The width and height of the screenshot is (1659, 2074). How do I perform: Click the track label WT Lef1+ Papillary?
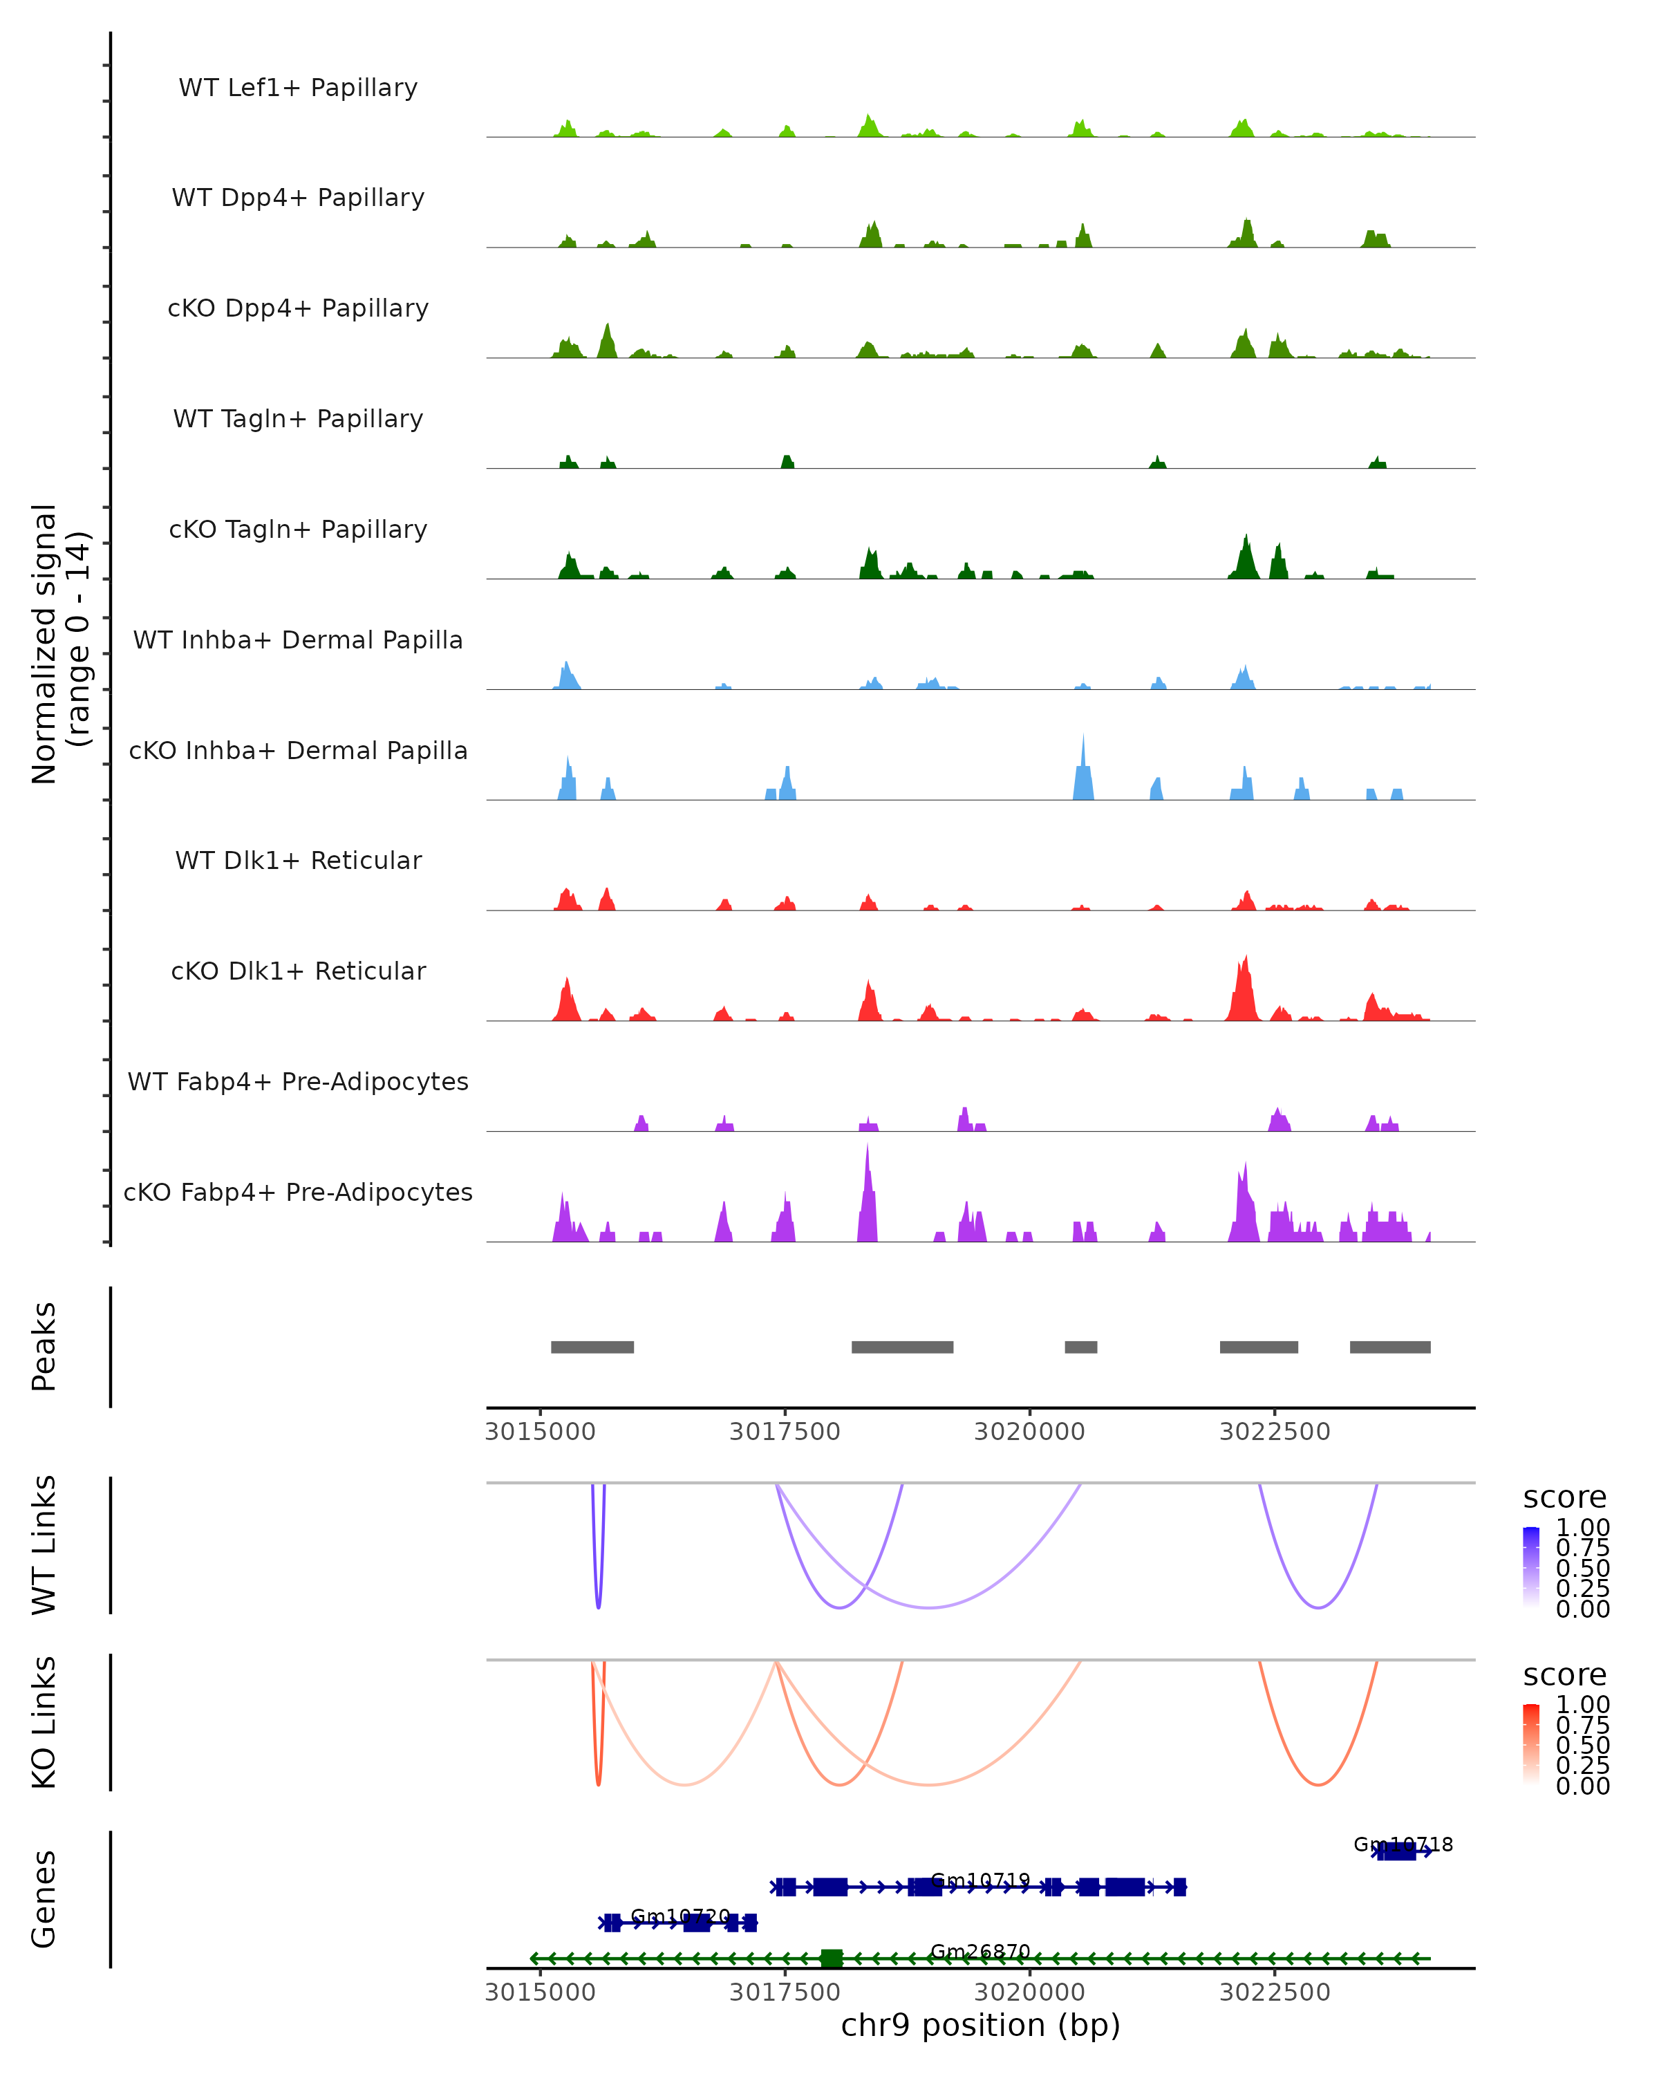coord(298,88)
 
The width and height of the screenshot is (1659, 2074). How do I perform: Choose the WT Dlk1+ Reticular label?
coord(298,860)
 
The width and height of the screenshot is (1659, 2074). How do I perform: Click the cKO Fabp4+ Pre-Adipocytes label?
coord(298,1192)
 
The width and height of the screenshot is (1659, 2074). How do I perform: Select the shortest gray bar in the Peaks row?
coord(1081,1347)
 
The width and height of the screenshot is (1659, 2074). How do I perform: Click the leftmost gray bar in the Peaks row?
coord(592,1347)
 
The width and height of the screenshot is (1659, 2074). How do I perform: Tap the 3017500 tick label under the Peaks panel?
coord(785,1432)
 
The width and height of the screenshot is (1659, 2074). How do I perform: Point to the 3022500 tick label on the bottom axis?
coord(1275,1992)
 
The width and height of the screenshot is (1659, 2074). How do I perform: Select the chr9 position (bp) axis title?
coord(980,2026)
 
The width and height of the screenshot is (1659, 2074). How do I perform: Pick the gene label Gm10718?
coord(1403,1845)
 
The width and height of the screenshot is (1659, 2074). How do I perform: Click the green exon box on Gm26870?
coord(832,1959)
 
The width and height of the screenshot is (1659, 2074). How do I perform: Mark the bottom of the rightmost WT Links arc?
coord(1318,1607)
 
